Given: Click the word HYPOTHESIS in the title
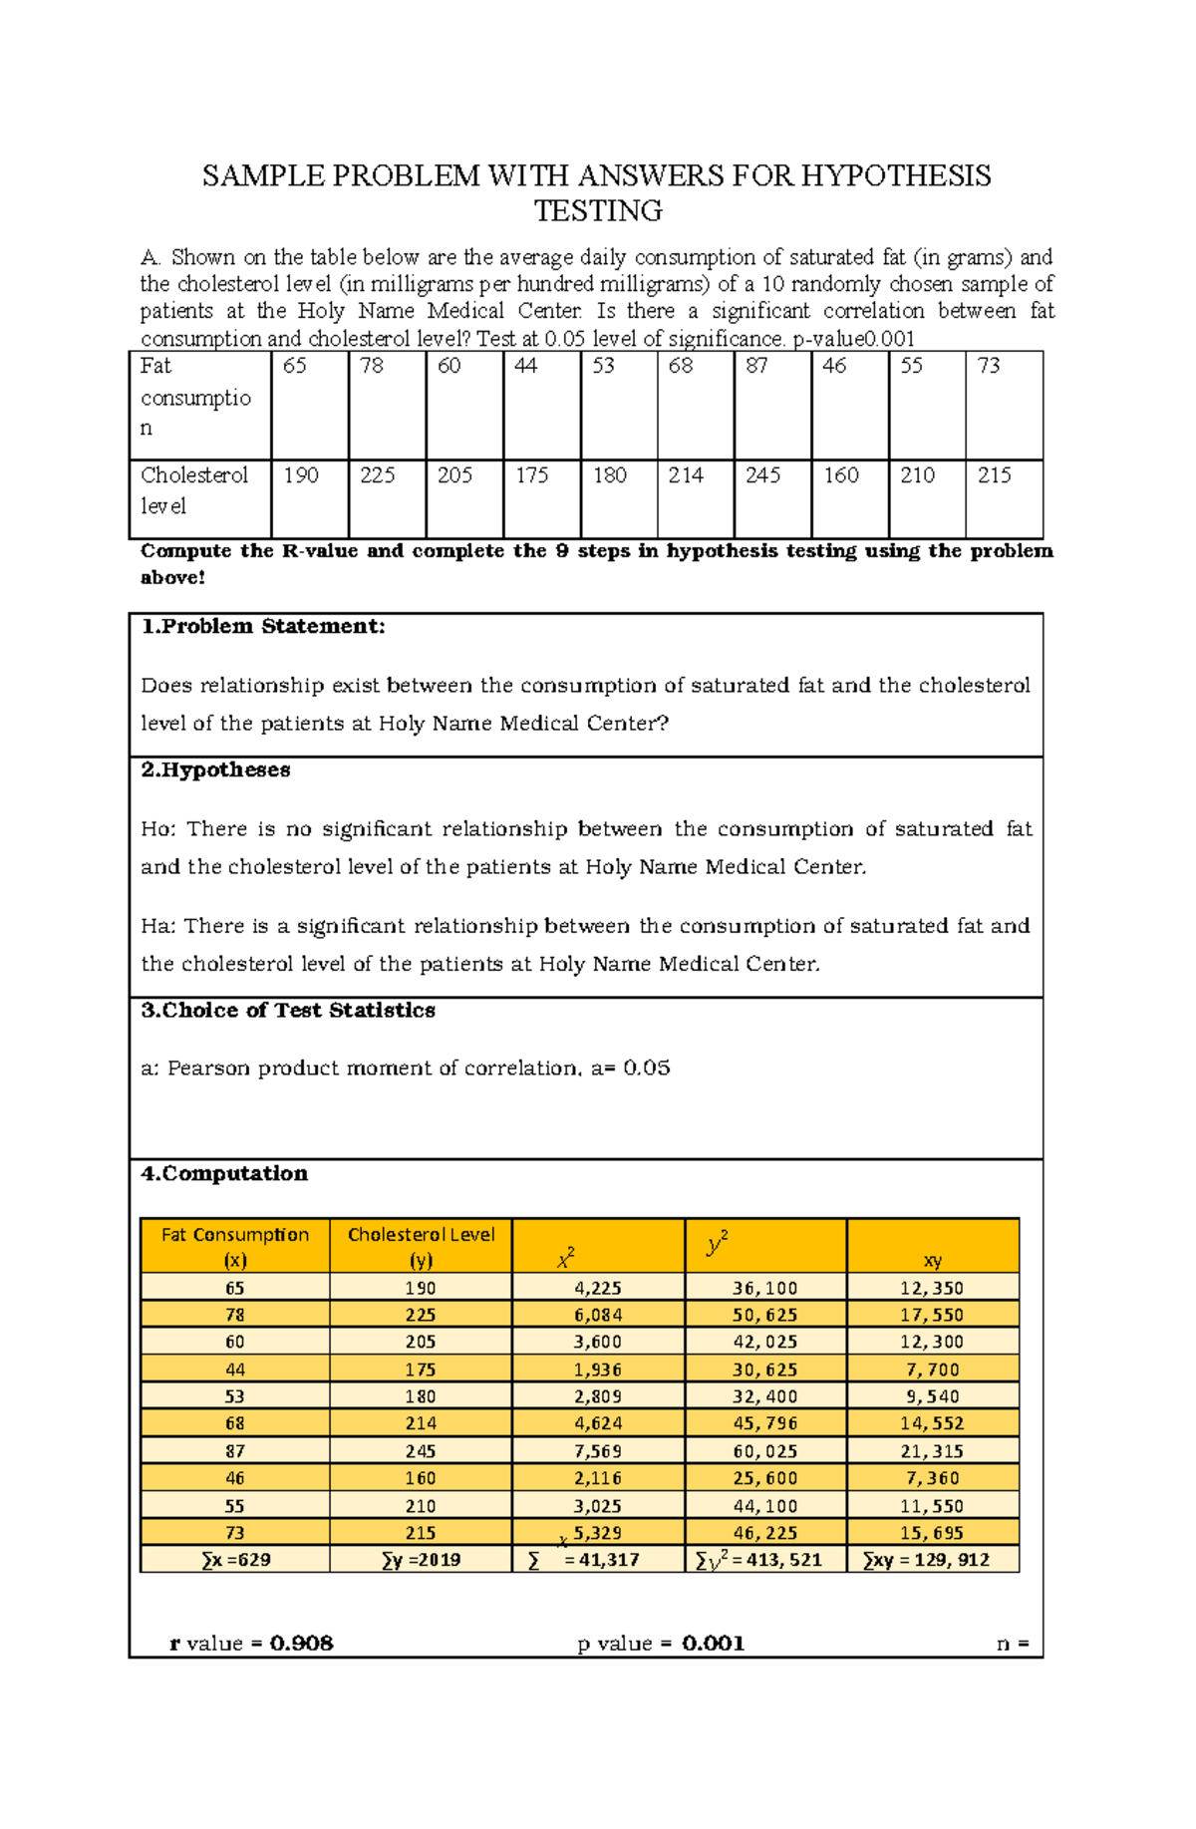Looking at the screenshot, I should [896, 176].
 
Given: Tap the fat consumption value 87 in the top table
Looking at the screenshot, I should [757, 367].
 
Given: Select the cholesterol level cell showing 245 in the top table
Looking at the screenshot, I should [762, 475].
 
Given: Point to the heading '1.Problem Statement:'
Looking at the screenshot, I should [263, 627].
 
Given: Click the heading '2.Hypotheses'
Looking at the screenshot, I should [215, 770].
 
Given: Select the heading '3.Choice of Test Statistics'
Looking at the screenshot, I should [288, 1011].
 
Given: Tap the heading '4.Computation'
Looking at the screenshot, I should [224, 1174].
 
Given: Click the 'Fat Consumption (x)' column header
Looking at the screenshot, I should [235, 1247].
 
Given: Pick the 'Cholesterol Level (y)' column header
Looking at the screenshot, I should [421, 1247].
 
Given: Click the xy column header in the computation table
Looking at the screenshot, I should [933, 1260].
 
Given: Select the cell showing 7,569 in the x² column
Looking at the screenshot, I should [598, 1451].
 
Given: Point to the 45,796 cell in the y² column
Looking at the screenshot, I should [765, 1423].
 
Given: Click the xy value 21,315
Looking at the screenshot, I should [932, 1451].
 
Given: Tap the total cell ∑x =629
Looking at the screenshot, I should [235, 1560].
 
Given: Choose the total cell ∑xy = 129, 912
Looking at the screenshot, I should [927, 1560].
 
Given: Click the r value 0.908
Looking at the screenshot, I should [301, 1644].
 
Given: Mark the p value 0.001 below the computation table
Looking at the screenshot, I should [714, 1644].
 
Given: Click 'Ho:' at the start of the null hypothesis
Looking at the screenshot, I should [157, 829].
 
